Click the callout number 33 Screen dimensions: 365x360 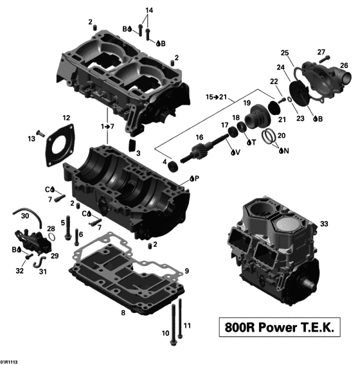(325, 224)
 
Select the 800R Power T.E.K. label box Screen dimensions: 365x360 (280, 328)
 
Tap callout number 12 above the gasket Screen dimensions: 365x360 (66, 118)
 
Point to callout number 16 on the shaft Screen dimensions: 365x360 (199, 138)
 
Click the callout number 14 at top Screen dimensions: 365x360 (149, 10)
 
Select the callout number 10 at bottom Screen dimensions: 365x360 (165, 333)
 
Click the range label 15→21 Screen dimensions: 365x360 (217, 96)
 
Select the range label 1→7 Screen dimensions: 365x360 (107, 127)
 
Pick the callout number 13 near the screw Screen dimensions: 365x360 (31, 139)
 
